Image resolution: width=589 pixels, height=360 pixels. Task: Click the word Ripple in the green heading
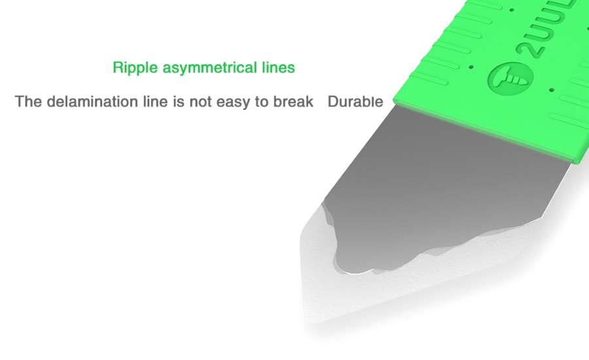(x=135, y=68)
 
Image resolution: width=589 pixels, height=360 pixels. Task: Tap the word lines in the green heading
(x=278, y=67)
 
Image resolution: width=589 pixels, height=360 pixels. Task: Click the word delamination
(x=93, y=101)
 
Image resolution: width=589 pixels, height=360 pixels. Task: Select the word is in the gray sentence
(x=179, y=101)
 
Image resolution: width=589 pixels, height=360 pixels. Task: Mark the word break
(x=293, y=101)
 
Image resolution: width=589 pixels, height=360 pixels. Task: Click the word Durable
(x=355, y=101)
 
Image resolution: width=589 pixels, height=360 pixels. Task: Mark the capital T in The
(x=20, y=101)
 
